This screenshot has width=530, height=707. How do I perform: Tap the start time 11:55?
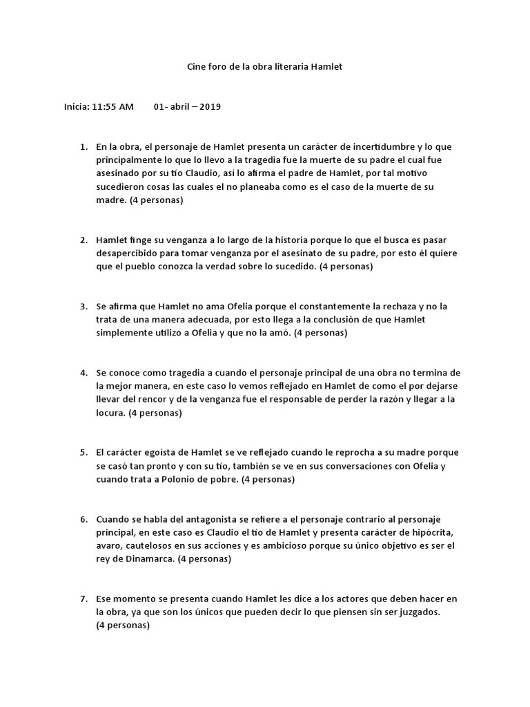(103, 107)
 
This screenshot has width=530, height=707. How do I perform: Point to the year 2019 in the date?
(210, 107)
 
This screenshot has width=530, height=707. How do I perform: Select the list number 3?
(83, 306)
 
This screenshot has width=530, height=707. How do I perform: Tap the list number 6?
(83, 519)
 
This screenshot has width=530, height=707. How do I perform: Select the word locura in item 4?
(110, 413)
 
